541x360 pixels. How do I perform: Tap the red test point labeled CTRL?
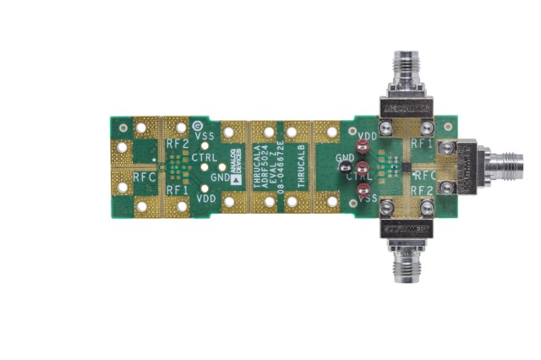click(x=362, y=171)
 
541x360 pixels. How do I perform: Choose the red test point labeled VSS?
click(x=362, y=193)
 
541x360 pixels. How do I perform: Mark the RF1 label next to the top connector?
click(x=422, y=145)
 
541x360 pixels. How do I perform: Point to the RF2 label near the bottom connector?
click(x=422, y=190)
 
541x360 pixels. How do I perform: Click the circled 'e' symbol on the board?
click(x=197, y=125)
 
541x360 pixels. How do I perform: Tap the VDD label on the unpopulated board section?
click(x=205, y=198)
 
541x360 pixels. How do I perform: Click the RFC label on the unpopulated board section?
click(x=144, y=177)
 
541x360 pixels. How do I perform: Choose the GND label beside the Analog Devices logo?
click(x=220, y=177)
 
